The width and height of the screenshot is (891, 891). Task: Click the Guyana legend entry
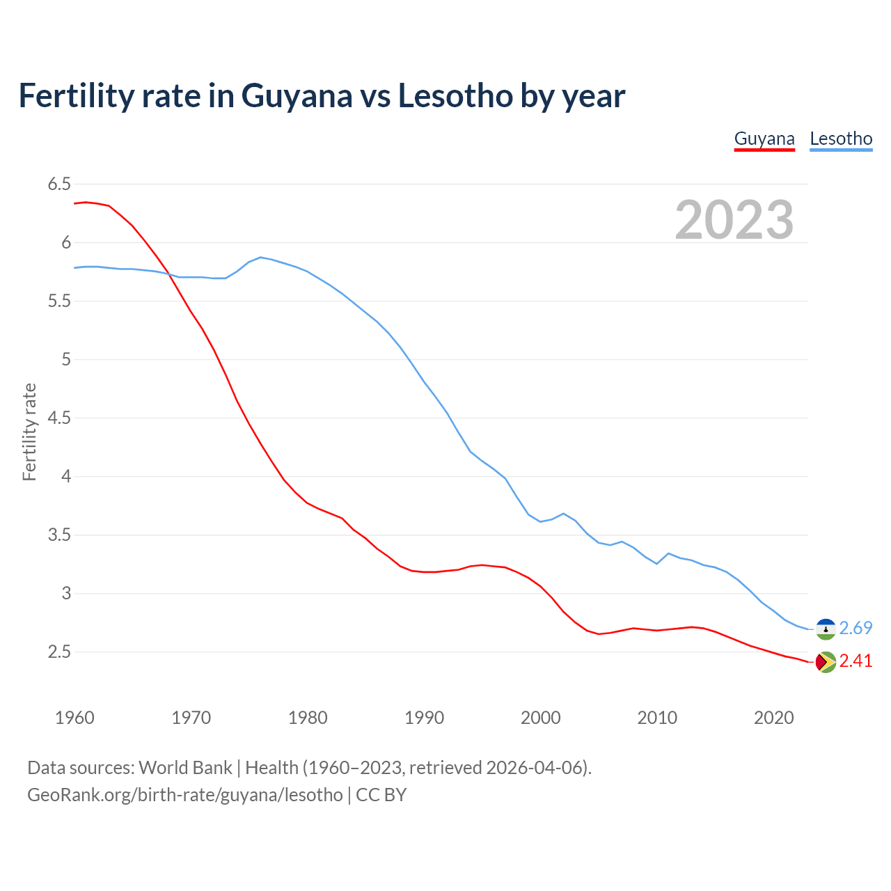[764, 139]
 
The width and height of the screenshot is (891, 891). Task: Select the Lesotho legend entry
[841, 139]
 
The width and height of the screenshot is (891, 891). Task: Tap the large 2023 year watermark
[734, 220]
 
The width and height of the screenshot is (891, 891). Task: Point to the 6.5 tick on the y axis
[59, 184]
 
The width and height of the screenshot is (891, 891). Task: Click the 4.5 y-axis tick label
[59, 418]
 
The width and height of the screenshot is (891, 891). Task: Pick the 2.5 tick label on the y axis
[59, 652]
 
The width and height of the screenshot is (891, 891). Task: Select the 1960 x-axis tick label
[74, 718]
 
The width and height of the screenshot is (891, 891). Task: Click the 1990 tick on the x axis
[424, 718]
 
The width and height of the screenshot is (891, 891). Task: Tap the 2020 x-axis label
[773, 718]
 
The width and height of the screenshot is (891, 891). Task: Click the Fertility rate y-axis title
[29, 432]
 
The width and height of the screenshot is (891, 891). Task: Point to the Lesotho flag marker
[826, 629]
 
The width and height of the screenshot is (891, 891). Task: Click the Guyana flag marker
[826, 662]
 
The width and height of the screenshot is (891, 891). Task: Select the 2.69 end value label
[855, 629]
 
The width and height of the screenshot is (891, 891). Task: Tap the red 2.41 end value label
[855, 661]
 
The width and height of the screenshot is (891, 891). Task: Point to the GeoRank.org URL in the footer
[185, 795]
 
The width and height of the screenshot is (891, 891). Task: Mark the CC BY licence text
[381, 795]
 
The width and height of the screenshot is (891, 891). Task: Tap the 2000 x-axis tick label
[540, 718]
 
